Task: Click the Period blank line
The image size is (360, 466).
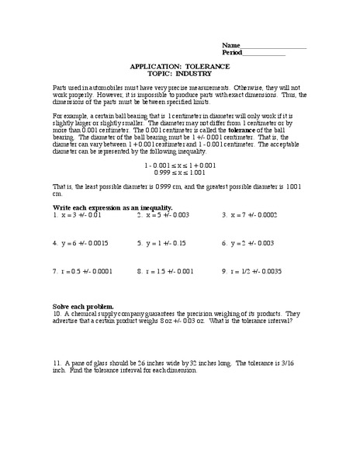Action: pyautogui.click(x=265, y=55)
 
